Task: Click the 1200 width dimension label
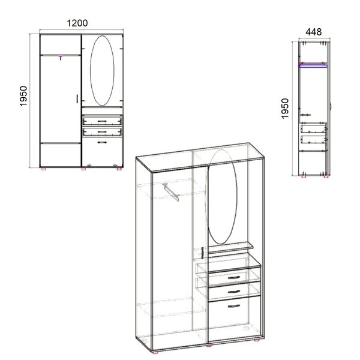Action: [77, 23]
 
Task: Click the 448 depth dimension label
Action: [314, 32]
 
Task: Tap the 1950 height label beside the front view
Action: [23, 96]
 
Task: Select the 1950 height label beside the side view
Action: [284, 109]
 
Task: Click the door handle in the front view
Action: [77, 98]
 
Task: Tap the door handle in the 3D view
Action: [203, 253]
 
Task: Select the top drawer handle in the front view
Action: [102, 121]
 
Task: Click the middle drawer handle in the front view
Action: [102, 132]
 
